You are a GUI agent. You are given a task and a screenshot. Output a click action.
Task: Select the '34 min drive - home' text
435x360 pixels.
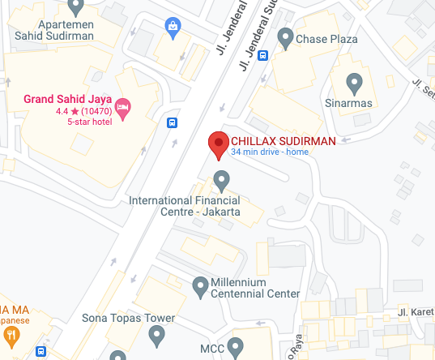click(x=270, y=152)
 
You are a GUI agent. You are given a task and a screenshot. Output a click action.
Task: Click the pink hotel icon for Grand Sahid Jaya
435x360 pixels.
click(x=123, y=107)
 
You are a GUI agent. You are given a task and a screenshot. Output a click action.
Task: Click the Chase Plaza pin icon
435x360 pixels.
click(x=285, y=36)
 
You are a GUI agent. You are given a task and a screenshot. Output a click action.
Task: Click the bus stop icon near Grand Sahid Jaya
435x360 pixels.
click(x=173, y=123)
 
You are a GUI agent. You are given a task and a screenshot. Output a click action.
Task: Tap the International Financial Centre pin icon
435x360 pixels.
click(x=220, y=179)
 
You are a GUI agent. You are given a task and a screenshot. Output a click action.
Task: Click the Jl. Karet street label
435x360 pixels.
click(x=416, y=311)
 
